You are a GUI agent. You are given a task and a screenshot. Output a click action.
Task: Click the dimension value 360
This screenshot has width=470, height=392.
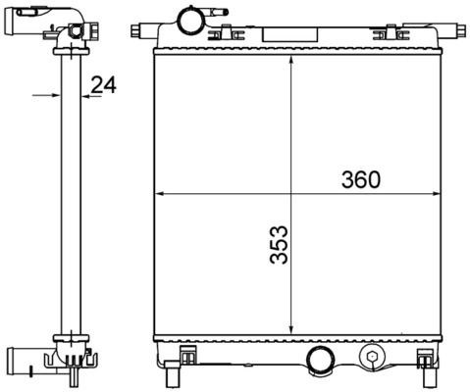coord(360,179)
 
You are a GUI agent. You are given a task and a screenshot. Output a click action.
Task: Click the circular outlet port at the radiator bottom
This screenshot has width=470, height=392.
coord(320,360)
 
